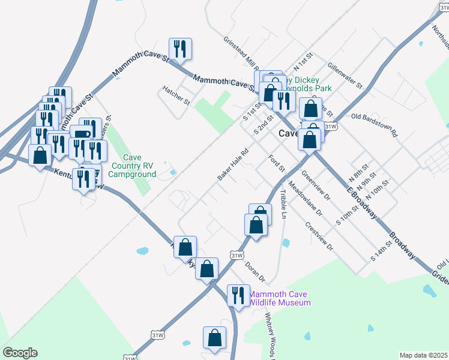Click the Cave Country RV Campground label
coord(137,166)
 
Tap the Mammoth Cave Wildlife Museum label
coord(280,298)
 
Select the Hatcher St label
coord(175,94)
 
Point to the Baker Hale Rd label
coord(233,165)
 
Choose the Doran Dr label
coord(255,272)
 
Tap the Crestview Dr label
coord(319,237)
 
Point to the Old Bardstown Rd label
coord(375,124)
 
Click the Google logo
coord(20,353)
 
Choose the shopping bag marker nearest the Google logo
coord(214,339)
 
